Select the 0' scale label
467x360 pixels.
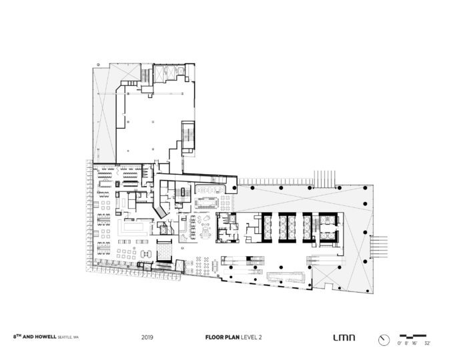click(x=399, y=343)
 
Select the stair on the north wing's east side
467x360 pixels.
click(x=189, y=133)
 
